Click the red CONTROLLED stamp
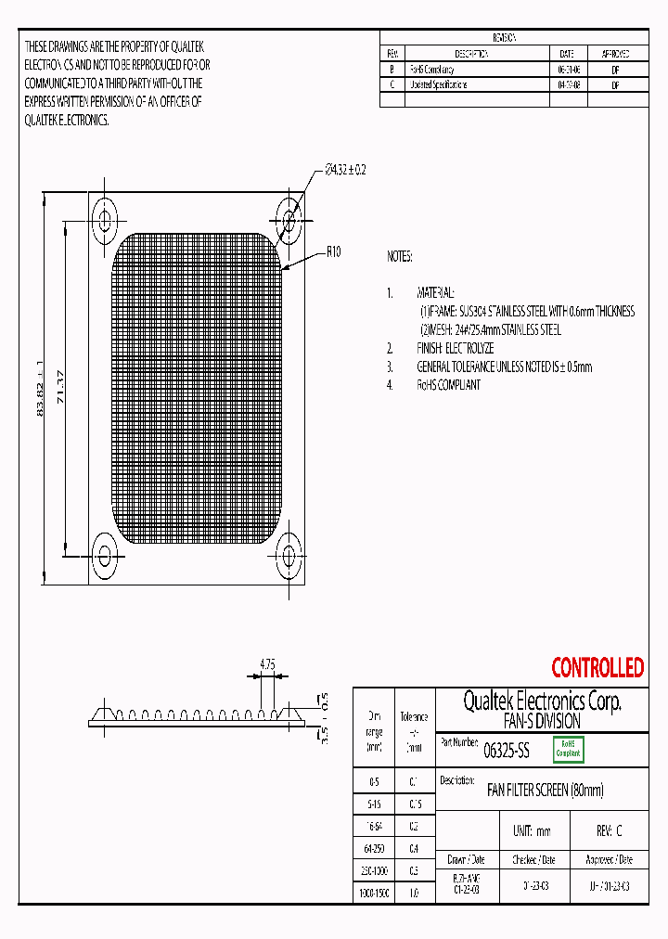(597, 667)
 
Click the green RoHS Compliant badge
(568, 750)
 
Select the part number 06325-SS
(507, 752)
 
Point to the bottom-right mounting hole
(289, 557)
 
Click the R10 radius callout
(334, 251)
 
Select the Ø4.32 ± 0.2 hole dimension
(345, 170)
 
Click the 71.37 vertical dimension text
(61, 386)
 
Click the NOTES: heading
(400, 256)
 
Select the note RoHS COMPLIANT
(449, 385)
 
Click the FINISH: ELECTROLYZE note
(455, 348)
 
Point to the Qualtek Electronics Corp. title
(542, 701)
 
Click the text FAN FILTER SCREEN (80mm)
(546, 791)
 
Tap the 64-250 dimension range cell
(375, 847)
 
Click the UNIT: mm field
(532, 831)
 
